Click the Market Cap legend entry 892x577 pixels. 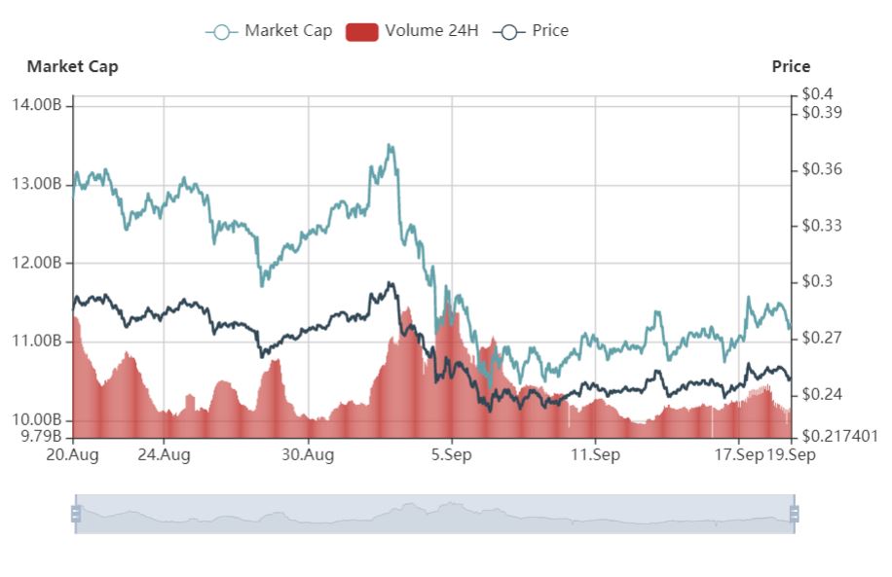pyautogui.click(x=270, y=31)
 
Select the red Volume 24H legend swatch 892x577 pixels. pyautogui.click(x=361, y=31)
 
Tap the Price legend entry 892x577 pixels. pyautogui.click(x=532, y=31)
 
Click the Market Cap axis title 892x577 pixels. pyautogui.click(x=73, y=66)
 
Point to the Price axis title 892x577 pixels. pyautogui.click(x=791, y=66)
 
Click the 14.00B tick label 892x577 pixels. pyautogui.click(x=40, y=104)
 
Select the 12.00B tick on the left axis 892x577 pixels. pyautogui.click(x=40, y=263)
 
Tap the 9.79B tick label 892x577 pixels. pyautogui.click(x=42, y=436)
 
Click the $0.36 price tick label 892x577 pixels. pyautogui.click(x=822, y=169)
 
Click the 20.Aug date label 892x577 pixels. pyautogui.click(x=73, y=454)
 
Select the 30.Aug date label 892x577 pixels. pyautogui.click(x=308, y=454)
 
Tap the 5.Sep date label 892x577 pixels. pyautogui.click(x=451, y=454)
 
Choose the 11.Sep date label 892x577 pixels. pyautogui.click(x=594, y=454)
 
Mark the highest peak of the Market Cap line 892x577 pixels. pyautogui.click(x=390, y=146)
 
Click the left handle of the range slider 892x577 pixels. pyautogui.click(x=75, y=514)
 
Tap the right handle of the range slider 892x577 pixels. pyautogui.click(x=794, y=514)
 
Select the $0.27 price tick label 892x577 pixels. pyautogui.click(x=822, y=339)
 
